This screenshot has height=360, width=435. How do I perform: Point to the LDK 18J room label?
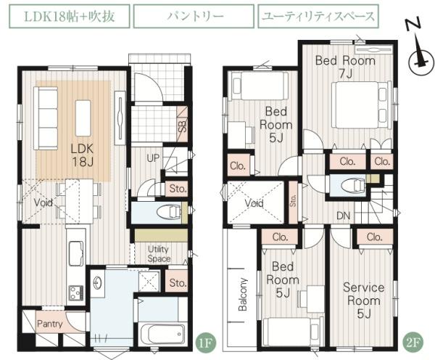[x=82, y=153]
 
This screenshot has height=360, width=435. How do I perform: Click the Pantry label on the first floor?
[x=49, y=324]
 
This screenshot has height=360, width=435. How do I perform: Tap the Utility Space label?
[x=159, y=254]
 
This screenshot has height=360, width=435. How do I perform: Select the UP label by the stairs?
[x=154, y=157]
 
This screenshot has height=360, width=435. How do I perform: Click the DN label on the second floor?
[x=344, y=215]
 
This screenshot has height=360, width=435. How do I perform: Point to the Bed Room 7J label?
[x=345, y=67]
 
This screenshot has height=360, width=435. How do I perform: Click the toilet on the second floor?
[x=351, y=184]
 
